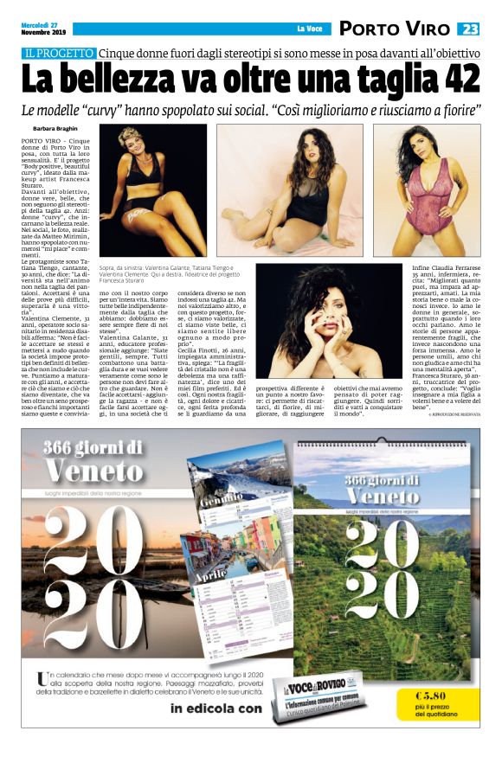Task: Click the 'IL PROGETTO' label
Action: point(59,53)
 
